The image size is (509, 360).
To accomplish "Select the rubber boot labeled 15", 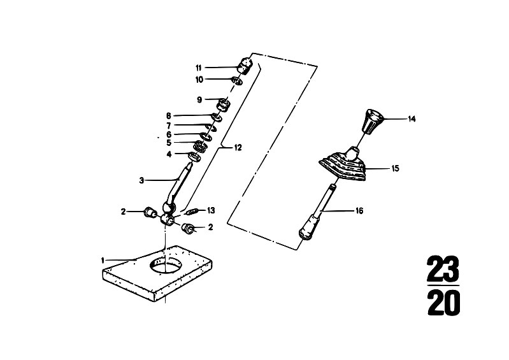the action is pos(342,164).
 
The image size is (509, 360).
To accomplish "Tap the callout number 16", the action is pos(359,211).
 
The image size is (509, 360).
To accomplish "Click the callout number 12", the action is pos(238,148).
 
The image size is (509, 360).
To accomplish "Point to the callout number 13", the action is pos(211,210).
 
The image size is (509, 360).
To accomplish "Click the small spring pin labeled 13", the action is pos(192,212).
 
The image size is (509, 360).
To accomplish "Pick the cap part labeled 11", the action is pos(245,66).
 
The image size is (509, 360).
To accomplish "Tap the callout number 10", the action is pos(199,80).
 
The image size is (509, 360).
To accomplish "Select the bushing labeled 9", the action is pos(224,105).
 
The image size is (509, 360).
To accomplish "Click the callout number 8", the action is pos(168,115).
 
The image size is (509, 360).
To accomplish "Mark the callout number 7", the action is pos(168,126).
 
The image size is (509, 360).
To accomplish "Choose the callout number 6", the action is pos(168,134).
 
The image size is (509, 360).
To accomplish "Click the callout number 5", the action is pos(168,143).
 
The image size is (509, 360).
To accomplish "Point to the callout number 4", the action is pos(169,154).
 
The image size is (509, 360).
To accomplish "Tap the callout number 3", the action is pos(141,180).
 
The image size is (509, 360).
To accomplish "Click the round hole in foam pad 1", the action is pos(165,264).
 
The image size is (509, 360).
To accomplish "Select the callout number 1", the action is pos(103,260).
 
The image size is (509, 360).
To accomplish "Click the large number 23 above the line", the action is pos(443,269).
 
